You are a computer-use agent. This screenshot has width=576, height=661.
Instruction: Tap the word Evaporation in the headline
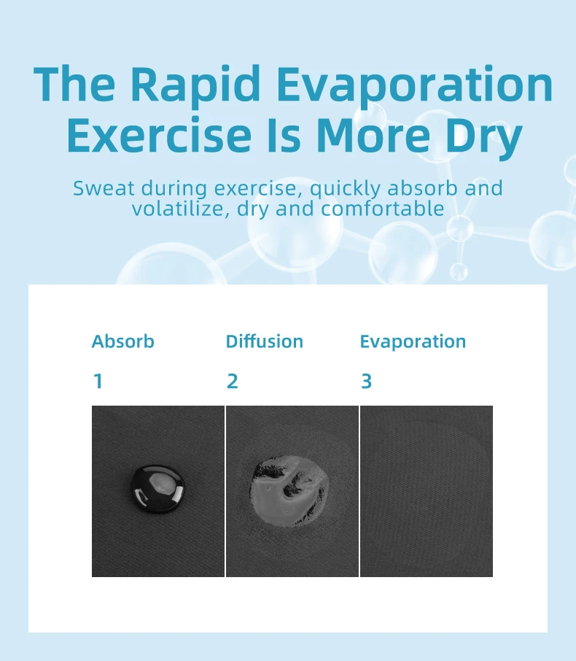click(415, 85)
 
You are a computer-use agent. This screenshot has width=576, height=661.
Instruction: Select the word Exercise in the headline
click(159, 135)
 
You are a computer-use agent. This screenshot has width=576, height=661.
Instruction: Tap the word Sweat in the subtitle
click(104, 188)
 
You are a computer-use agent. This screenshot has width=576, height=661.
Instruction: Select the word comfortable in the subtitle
click(383, 208)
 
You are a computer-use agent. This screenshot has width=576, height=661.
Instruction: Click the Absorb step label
click(123, 341)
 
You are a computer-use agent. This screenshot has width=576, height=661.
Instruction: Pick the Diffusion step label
click(265, 341)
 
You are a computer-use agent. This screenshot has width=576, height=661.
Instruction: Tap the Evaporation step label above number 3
click(413, 342)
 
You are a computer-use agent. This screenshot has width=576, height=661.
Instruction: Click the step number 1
click(98, 382)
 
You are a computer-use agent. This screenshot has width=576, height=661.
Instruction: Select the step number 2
click(233, 382)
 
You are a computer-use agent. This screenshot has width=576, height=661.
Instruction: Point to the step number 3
click(367, 382)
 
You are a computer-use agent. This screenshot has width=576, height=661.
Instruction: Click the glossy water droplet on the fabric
click(158, 489)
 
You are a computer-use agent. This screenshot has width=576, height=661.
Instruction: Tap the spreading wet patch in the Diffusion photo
click(289, 490)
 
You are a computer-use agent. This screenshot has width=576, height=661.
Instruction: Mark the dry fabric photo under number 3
click(427, 491)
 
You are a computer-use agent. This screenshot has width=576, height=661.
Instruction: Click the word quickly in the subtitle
click(346, 188)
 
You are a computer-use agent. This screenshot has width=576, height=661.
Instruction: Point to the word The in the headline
click(74, 85)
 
